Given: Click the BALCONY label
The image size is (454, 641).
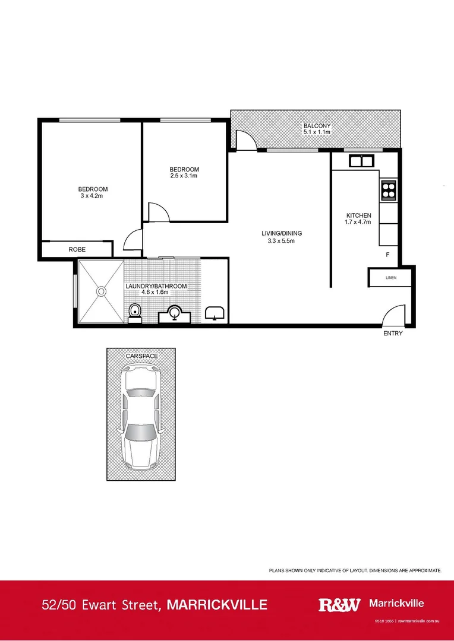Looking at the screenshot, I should tap(317, 126).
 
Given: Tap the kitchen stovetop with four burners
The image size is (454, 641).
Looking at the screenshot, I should tap(388, 189).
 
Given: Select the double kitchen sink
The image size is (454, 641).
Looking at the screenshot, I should tap(361, 160).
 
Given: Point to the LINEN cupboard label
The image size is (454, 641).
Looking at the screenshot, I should tap(390, 277).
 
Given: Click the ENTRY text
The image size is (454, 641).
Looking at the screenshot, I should tap(393, 334).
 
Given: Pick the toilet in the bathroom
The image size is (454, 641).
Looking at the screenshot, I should tap(135, 312).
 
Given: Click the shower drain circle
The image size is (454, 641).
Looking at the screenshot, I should tap(101, 291).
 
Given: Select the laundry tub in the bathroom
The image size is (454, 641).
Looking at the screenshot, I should tap(214, 313).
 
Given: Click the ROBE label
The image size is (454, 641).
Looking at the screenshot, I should tap(77, 250).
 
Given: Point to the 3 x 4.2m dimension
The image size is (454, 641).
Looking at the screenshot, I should tap(93, 196).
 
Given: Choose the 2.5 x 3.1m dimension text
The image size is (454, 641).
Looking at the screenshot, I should tap(184, 176).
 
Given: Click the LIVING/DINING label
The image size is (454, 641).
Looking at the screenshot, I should tap(278, 233).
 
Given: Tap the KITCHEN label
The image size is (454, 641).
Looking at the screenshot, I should tap(359, 215).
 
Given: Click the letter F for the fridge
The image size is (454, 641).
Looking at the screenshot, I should tap(387, 255).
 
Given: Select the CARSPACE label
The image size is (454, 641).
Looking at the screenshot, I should tap(141, 356).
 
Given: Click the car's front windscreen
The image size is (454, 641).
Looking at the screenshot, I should tap(140, 432).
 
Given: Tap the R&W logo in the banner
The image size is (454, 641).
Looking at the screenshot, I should tap(339, 605).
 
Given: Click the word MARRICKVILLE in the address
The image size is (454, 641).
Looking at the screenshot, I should tap(217, 605).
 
